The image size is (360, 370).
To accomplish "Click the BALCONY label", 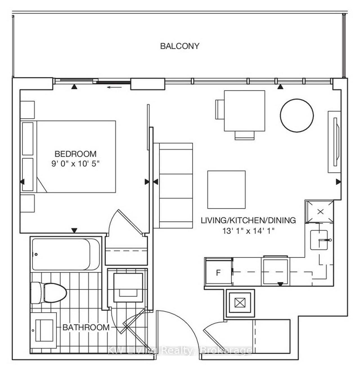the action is coord(180,46).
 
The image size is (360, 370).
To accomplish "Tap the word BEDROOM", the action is coord(75,154).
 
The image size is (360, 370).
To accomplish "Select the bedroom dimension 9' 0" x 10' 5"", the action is coord(75,164).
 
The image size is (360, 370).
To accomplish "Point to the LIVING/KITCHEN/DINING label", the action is coord(248,220).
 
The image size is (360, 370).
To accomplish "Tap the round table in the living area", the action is coord(297,115).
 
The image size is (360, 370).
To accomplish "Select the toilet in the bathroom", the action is coord(49,293).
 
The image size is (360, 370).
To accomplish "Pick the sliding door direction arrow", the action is coord(114,87).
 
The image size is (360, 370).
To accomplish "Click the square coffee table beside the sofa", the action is coord(226,190).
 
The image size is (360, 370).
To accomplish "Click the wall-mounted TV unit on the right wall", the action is coord(334,142).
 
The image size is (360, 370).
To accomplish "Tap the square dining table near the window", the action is coord(245,111).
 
